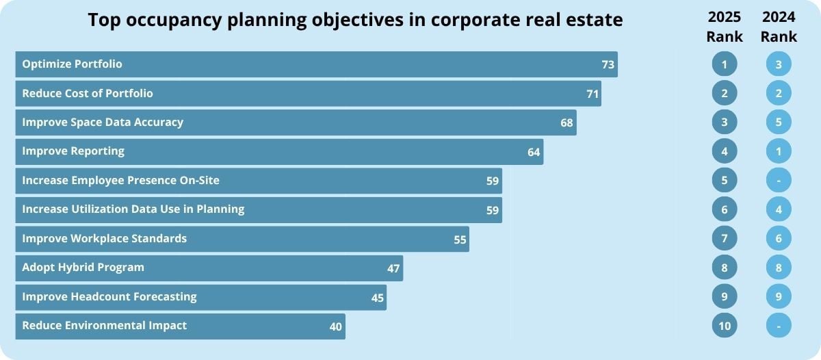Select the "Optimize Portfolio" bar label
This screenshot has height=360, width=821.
point(72,64)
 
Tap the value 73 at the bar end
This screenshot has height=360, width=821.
point(608,65)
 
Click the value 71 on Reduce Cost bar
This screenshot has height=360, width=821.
point(592,94)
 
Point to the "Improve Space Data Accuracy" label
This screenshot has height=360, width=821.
point(103,123)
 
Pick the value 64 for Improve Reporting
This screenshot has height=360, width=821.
point(534,152)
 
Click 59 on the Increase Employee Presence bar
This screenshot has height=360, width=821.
point(493,181)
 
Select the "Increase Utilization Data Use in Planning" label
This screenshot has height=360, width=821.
point(133,209)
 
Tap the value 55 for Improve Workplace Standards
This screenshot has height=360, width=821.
point(460,240)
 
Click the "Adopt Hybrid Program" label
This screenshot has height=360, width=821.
point(83,267)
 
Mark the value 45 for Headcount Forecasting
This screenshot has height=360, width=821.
point(377,298)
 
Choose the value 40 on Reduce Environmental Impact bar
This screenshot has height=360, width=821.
point(335,327)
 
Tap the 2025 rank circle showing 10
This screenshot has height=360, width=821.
point(724,326)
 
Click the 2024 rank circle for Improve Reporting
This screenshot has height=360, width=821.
point(779,151)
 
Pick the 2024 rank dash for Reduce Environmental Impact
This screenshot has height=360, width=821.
point(779,326)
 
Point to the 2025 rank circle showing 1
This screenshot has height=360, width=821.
point(724,64)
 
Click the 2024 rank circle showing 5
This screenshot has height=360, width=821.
point(779,123)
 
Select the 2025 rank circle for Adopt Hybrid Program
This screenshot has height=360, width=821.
point(724,268)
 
